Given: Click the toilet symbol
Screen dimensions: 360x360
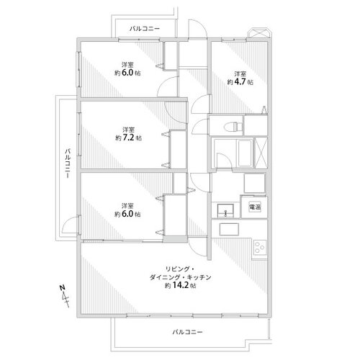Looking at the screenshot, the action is click(232, 126).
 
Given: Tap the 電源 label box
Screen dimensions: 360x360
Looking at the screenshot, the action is click(255, 207).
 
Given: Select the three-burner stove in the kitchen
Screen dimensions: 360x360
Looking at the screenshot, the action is click(259, 248).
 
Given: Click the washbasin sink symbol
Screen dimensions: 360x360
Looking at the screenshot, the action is click(225, 211).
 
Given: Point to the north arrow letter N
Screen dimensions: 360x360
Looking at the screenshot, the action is click(63, 287).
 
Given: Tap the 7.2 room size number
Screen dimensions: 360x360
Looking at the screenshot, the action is click(128, 138).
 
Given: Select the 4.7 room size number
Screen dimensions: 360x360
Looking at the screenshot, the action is click(240, 82).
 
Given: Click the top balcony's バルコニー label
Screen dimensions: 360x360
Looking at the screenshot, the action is click(145, 29).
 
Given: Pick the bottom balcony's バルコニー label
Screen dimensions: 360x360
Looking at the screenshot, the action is click(187, 332).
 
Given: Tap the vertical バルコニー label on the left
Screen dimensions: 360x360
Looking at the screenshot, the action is click(68, 163).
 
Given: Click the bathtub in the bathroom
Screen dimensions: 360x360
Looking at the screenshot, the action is click(245, 153).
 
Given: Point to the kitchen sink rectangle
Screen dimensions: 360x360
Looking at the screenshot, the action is click(229, 229).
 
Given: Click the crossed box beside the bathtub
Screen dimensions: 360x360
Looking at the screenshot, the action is click(261, 153).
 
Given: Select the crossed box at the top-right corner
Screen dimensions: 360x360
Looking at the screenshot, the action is click(258, 32).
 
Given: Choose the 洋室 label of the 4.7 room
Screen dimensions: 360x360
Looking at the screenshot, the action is click(240, 73).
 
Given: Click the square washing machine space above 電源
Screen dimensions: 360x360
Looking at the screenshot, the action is click(255, 183).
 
